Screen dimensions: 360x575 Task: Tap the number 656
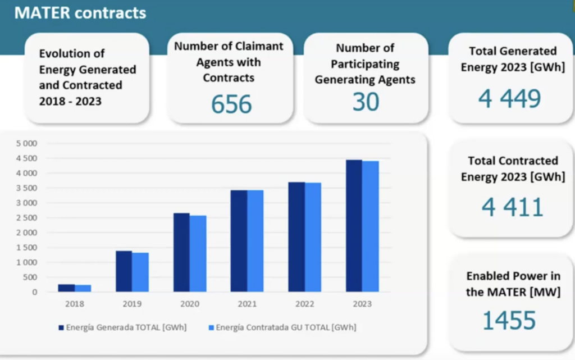231,104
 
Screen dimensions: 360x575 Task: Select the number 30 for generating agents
366,102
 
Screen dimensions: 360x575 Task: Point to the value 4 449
509,99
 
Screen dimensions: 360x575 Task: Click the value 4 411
512,207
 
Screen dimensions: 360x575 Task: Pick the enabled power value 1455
509,320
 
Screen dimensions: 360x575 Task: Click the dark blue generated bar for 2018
66,288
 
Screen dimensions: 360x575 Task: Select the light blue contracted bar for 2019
140,272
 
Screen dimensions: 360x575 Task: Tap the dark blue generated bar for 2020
181,252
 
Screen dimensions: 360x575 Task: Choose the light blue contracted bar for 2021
255,241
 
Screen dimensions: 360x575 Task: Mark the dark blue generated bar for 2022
296,236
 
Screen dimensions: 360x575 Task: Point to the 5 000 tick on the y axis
26,143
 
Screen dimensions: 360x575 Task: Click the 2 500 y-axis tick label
26,217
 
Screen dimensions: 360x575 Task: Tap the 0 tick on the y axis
35,292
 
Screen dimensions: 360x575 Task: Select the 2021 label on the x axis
247,304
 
